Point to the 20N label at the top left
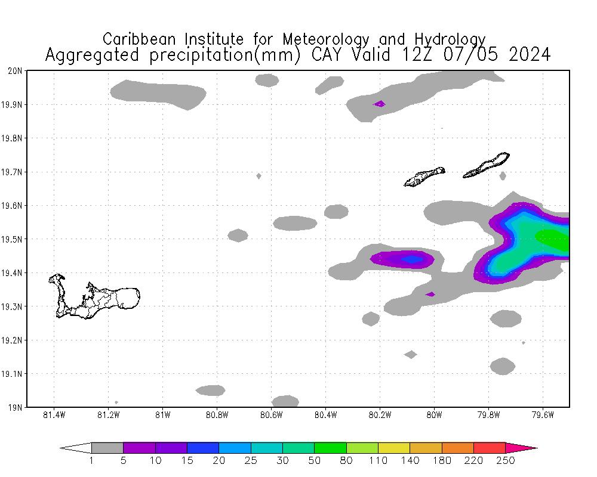pyautogui.click(x=16, y=70)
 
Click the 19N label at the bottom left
pyautogui.click(x=16, y=407)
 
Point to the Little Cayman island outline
pyautogui.click(x=424, y=176)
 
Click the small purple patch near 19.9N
pyautogui.click(x=379, y=104)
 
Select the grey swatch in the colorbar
pyautogui.click(x=107, y=448)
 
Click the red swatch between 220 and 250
pyautogui.click(x=490, y=448)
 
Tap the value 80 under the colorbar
pyautogui.click(x=346, y=460)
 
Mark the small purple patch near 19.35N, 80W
pyautogui.click(x=430, y=294)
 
